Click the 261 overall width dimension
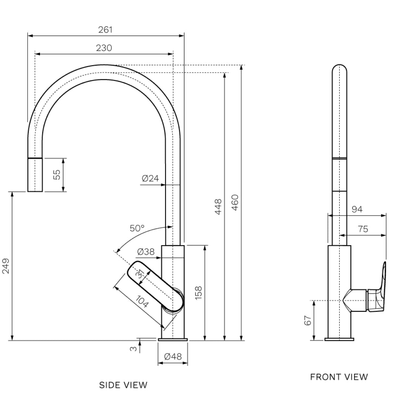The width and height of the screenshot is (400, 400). coord(105,30)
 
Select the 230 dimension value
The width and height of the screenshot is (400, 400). coord(104,48)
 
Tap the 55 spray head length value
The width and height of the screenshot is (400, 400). coord(56,175)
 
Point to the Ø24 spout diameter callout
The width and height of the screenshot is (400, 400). coord(150,179)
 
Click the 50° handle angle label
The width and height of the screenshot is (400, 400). coord(137,228)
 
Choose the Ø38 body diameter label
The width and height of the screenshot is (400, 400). coord(146,252)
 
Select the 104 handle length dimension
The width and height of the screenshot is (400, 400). coord(142,302)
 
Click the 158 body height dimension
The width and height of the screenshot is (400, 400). coord(198,293)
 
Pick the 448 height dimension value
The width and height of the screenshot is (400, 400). coord(218,207)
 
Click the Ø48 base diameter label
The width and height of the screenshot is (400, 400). coord(173,357)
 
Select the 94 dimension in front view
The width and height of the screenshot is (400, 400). coord(357,209)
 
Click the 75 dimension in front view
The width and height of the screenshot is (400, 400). coord(363,229)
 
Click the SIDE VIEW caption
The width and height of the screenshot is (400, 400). coord(123,385)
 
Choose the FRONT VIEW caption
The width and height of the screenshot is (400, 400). coord(339,377)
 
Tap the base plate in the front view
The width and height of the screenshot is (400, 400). coord(339,339)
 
